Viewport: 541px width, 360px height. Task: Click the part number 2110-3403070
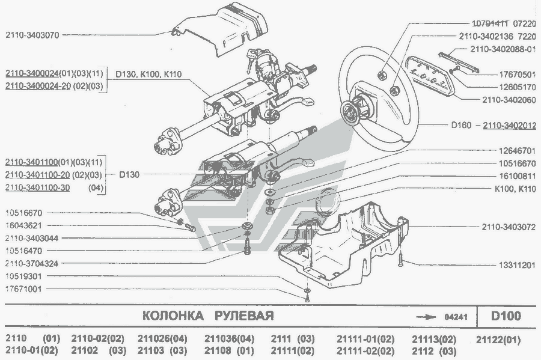(34, 35)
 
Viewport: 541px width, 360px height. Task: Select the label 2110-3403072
(508, 228)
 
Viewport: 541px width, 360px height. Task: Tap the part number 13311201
(515, 264)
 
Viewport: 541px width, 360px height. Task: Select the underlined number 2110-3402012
(510, 126)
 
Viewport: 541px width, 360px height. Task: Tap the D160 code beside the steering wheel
(463, 126)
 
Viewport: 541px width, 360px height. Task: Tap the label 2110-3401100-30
(37, 188)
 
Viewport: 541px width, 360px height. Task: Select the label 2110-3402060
(508, 100)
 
